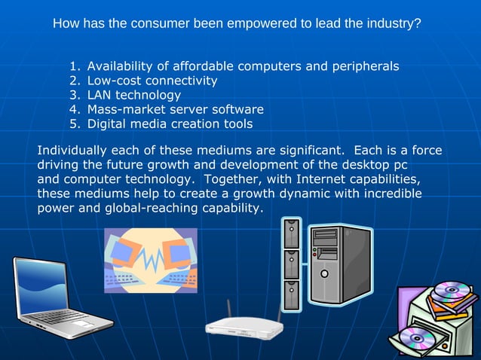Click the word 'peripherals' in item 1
click(x=363, y=67)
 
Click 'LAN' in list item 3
click(x=100, y=95)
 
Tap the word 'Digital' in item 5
click(x=108, y=124)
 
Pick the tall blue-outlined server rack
click(x=291, y=264)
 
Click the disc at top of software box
click(x=452, y=289)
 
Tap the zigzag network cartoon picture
click(x=151, y=260)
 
